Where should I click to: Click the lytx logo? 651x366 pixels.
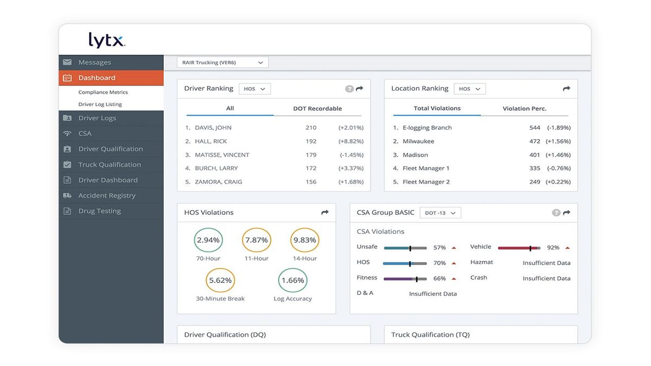pos(107,40)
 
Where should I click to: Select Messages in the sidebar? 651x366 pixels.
pos(94,62)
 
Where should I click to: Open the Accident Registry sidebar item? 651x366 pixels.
pos(106,196)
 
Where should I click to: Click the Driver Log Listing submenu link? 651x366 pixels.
pos(100,104)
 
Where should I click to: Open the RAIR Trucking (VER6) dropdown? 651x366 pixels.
pos(222,63)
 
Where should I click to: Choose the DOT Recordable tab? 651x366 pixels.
pos(317,108)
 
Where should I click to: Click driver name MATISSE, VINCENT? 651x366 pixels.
pos(222,155)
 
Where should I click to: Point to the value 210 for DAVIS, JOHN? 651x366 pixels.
pos(311,128)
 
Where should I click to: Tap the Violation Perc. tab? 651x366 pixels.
pos(524,108)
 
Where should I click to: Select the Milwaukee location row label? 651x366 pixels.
pos(418,142)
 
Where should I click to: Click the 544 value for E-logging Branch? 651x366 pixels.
pos(535,128)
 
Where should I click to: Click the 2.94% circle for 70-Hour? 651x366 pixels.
pos(208,240)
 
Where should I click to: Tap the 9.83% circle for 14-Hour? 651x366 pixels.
pos(304,240)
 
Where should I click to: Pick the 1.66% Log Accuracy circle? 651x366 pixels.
pos(292,280)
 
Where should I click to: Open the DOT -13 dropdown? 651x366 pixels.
pos(440,213)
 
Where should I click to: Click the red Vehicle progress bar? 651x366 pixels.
pos(519,248)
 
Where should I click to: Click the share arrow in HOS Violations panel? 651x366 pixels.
pos(325,213)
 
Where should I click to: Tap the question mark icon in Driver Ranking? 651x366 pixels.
pos(349,89)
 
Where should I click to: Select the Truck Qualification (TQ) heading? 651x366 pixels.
pos(430,335)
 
